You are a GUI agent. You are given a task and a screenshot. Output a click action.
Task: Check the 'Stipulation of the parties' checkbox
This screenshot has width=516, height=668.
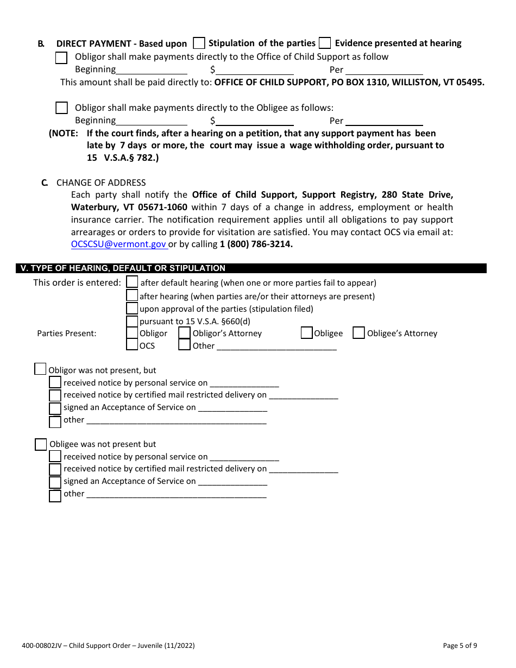pos(199,43)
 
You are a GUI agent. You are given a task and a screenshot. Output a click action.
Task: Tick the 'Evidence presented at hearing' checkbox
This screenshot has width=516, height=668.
pos(325,43)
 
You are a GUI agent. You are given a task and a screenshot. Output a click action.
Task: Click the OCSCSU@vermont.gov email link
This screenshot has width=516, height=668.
pos(119,244)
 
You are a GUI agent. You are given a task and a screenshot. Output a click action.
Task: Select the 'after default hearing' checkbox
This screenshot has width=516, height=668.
pos(132,282)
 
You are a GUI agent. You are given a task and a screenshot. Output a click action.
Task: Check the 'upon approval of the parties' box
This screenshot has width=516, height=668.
pos(132,308)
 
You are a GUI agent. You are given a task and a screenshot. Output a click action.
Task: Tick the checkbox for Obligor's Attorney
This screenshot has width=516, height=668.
pos(185,333)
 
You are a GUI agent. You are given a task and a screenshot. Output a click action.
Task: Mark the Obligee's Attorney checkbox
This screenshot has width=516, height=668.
pos(358,333)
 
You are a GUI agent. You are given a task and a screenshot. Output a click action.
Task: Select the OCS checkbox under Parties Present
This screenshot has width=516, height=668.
pos(132,345)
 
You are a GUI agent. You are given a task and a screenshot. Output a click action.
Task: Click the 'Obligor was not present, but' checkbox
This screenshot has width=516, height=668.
pos(40,369)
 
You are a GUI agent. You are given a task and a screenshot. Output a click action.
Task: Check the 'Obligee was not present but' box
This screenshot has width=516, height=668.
pos(41,444)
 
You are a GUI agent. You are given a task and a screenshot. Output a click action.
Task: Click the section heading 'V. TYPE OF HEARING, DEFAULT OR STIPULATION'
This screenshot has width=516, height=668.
pos(123,268)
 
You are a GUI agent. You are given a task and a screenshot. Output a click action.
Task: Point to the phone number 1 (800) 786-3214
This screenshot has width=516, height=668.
pos(256,244)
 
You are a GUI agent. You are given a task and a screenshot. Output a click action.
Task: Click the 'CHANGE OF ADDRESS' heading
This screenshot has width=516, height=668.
pos(101,182)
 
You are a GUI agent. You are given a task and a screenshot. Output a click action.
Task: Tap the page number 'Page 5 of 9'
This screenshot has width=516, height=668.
pos(460,646)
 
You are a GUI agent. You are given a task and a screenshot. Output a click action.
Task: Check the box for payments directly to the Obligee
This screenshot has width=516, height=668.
pos(62,108)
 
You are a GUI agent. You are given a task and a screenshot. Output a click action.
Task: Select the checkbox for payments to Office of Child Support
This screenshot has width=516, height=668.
pos(62,58)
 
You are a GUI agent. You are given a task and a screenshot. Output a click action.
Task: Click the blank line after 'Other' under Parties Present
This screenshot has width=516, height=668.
pos(276,346)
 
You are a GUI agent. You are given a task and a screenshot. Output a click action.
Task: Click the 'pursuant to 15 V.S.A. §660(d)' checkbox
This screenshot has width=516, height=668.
pos(132,321)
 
